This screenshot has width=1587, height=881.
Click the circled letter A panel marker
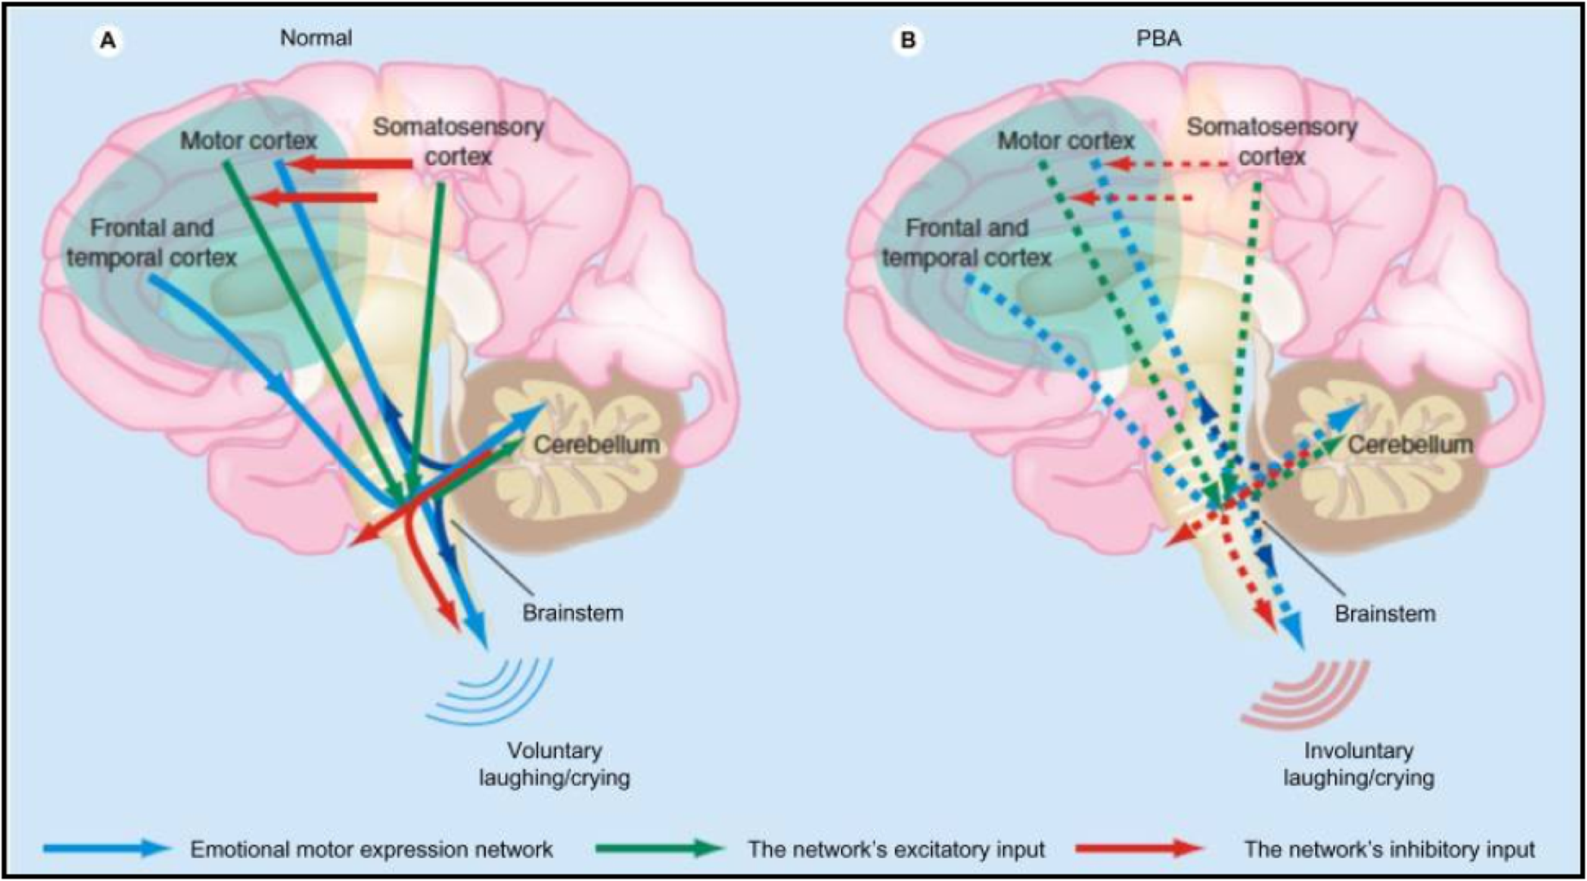tap(107, 40)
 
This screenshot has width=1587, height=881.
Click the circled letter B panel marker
tap(907, 40)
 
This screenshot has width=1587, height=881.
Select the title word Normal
tap(316, 38)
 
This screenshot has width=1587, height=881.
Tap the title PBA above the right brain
tap(1158, 38)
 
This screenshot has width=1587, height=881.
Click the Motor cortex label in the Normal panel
tap(248, 141)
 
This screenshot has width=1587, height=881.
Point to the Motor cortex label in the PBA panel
tap(1066, 141)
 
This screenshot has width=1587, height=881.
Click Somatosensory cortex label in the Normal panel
tap(458, 142)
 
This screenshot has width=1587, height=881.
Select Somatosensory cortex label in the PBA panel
tap(1272, 142)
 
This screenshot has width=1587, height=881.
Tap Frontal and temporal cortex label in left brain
tap(151, 243)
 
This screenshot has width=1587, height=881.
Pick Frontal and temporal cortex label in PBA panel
tap(967, 243)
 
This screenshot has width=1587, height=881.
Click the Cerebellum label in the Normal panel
tap(596, 445)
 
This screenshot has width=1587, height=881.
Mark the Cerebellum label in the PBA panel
tap(1409, 445)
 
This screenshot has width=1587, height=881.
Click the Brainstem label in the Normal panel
tap(572, 613)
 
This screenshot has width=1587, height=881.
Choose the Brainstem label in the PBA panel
tap(1384, 613)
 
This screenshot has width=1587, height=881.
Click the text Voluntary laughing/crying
tap(555, 764)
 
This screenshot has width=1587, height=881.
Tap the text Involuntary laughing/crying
tap(1358, 764)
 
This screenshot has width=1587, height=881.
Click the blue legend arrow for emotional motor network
tap(107, 848)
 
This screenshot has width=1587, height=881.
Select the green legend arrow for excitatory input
tap(660, 848)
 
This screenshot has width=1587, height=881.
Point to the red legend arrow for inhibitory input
tap(1139, 848)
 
